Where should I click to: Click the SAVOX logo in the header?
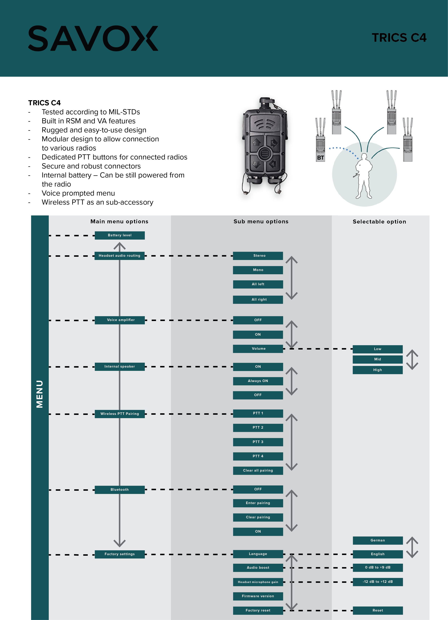pyautogui.click(x=93, y=38)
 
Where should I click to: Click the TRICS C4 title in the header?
pyautogui.click(x=399, y=38)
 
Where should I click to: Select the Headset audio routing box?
pyautogui.click(x=119, y=256)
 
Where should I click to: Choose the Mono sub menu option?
pyautogui.click(x=258, y=270)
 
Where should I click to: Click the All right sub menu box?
pyautogui.click(x=258, y=299)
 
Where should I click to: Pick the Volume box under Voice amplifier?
pyautogui.click(x=258, y=348)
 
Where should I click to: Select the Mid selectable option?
pyautogui.click(x=377, y=359)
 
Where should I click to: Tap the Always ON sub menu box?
pyautogui.click(x=258, y=381)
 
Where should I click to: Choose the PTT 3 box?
pyautogui.click(x=258, y=442)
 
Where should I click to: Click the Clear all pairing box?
pyautogui.click(x=258, y=471)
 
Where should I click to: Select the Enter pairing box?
pyautogui.click(x=258, y=503)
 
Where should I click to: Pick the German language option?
pyautogui.click(x=377, y=540)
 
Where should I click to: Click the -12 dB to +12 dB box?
pyautogui.click(x=377, y=582)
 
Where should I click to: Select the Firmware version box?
pyautogui.click(x=258, y=596)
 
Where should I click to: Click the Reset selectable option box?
pyautogui.click(x=377, y=610)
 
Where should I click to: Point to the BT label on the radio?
pyautogui.click(x=320, y=158)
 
